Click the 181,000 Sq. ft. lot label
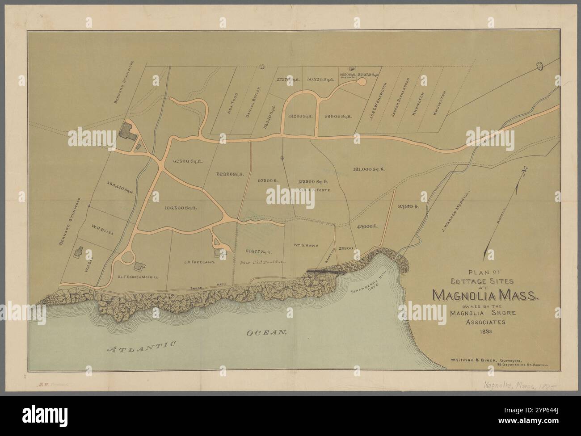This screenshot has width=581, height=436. pyautogui.click(x=369, y=169)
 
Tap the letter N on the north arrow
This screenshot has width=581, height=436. pyautogui.click(x=521, y=171)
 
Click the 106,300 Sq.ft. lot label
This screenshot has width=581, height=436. pyautogui.click(x=181, y=208)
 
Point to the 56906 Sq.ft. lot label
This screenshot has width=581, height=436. pyautogui.click(x=338, y=116)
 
